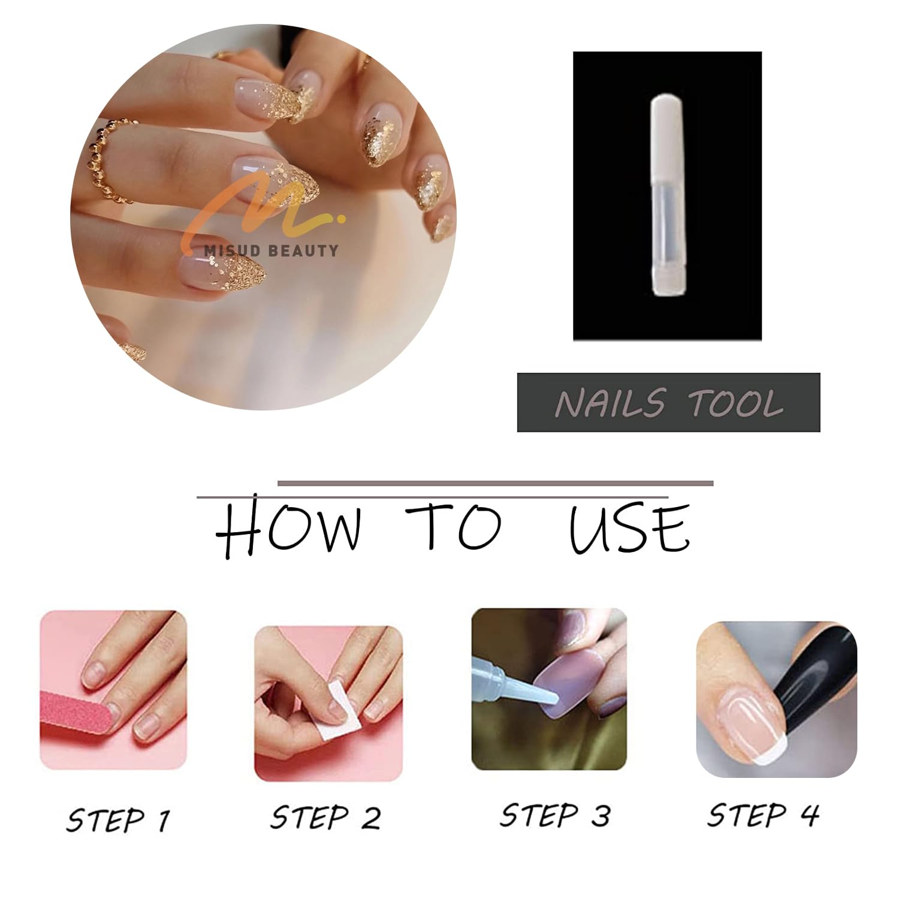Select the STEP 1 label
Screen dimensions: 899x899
118,820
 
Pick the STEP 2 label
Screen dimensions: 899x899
325,817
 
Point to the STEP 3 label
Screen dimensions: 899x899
556,815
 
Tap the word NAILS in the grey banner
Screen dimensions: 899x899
610,403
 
